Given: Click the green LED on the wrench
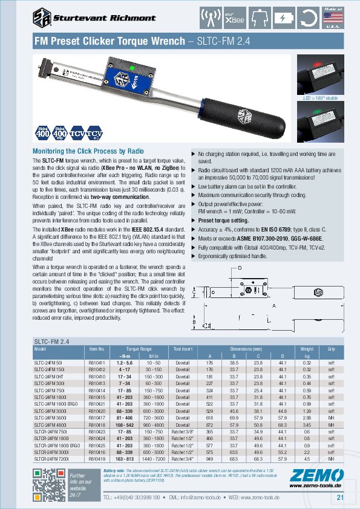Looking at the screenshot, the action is [x=132, y=68].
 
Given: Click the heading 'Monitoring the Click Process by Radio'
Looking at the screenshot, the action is [x=88, y=151].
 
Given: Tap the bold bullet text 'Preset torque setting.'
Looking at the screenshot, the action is [x=222, y=220].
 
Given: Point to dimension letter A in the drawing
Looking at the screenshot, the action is [x=273, y=306].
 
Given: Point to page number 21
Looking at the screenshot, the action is [x=340, y=498].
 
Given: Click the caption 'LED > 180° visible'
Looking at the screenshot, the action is [x=319, y=97].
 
